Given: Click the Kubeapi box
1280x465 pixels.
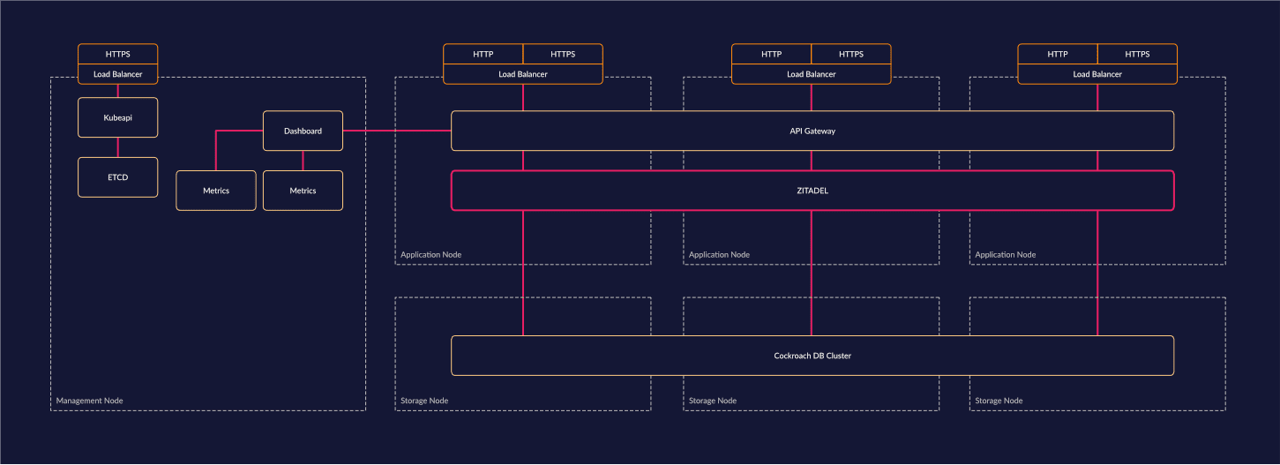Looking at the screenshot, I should tap(117, 117).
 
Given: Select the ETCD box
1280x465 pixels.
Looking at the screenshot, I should tap(117, 177).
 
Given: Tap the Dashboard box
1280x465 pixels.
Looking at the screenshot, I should tap(303, 131).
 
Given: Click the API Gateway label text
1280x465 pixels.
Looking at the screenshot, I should tap(812, 131).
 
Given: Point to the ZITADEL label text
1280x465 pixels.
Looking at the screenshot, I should tap(812, 191).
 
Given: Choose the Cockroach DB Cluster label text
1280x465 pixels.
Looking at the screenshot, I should tap(812, 356).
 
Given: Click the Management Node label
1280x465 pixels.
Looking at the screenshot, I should tap(89, 401).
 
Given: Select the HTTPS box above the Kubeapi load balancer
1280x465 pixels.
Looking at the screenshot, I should tap(117, 55).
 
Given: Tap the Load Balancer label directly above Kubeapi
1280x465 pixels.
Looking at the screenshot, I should tap(117, 74).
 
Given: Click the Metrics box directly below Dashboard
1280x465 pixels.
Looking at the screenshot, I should tap(303, 191).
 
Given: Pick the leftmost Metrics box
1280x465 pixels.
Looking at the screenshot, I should tap(215, 191).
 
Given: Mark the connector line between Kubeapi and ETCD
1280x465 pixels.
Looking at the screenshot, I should tap(117, 147).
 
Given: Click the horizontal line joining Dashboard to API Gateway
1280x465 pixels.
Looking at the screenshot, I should tap(397, 131).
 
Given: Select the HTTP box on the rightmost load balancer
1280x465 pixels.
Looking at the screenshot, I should tap(1057, 55).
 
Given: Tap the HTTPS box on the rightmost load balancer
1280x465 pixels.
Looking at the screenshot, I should tap(1136, 55).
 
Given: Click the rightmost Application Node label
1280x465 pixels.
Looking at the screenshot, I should tap(1005, 255).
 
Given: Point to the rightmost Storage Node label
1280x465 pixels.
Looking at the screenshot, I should tap(999, 401).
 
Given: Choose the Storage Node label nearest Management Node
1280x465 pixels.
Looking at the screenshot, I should tap(424, 401).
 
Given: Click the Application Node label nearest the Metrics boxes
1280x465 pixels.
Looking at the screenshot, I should tap(430, 255).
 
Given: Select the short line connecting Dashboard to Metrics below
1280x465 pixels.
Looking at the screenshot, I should tap(303, 161).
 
